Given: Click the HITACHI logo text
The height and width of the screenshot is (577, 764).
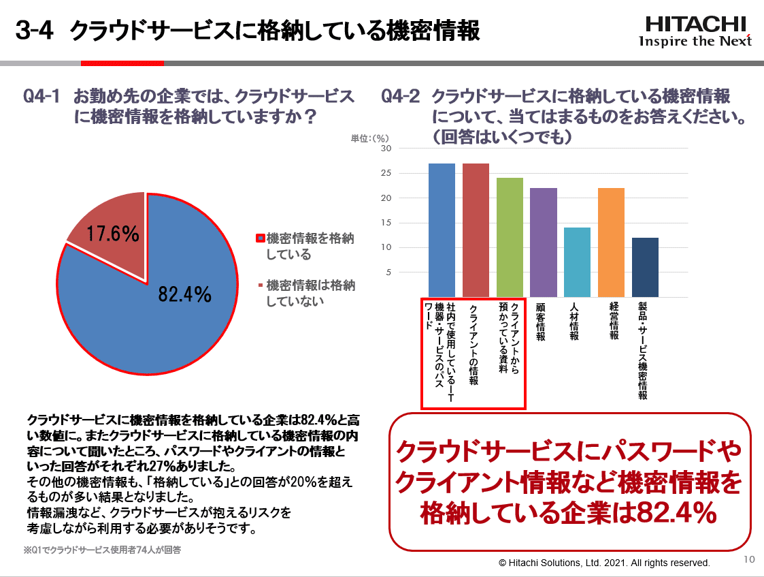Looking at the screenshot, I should [695, 24].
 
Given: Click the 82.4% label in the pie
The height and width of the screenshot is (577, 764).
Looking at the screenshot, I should [185, 294].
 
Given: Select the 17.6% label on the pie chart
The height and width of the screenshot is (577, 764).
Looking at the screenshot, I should [113, 234].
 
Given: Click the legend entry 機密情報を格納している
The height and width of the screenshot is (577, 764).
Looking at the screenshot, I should [310, 246].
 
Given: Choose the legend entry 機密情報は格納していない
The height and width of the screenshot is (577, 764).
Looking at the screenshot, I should [310, 292].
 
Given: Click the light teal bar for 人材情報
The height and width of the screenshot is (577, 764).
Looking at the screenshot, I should [577, 262].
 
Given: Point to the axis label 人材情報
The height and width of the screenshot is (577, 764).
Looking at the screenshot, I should [574, 322].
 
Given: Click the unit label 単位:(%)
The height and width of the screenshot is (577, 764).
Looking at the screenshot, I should [369, 138].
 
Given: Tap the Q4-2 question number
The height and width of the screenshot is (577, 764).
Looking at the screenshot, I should [401, 97].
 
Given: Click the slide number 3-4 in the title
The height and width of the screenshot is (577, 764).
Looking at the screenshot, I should [34, 31].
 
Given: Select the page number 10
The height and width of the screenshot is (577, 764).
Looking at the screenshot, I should [749, 560].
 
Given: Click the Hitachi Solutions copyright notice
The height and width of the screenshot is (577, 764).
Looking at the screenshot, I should [604, 563].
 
